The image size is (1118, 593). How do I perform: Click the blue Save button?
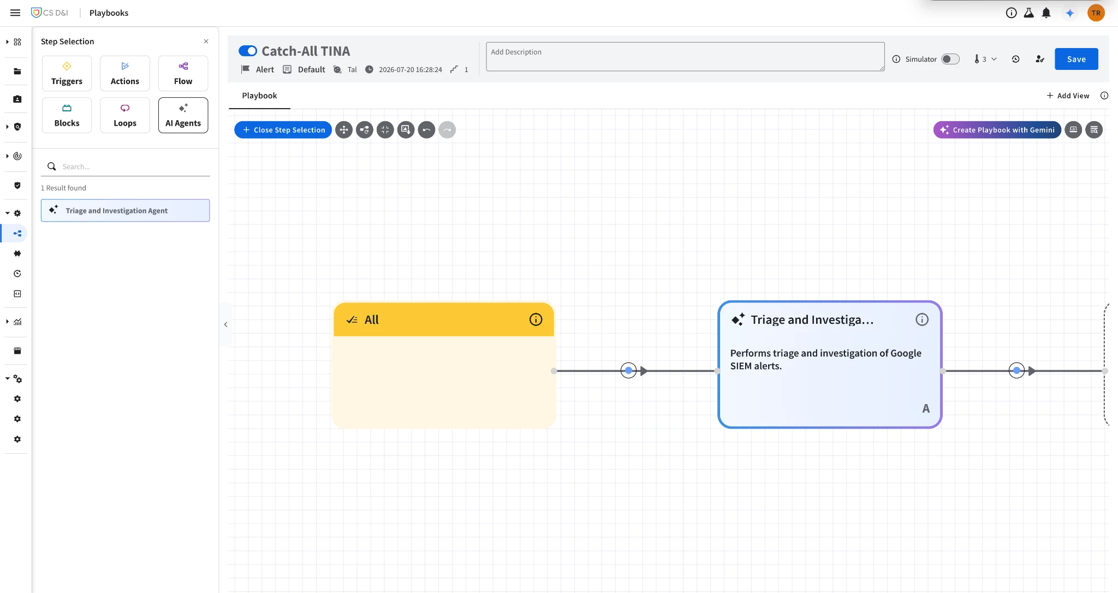point(1076,59)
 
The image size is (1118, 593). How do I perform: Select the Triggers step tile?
point(67,73)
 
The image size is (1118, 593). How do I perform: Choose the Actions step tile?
point(125,73)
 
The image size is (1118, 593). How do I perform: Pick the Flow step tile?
point(183,73)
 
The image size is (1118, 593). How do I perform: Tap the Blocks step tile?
point(67,115)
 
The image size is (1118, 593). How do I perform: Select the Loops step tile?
point(125,115)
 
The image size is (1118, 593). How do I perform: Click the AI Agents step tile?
point(183,115)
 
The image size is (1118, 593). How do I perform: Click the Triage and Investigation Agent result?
point(125,210)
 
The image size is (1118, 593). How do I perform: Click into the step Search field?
point(134,167)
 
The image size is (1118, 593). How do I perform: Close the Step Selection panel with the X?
point(206,41)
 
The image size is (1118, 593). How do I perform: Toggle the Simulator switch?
point(950,59)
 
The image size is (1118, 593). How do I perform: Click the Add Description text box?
point(685,57)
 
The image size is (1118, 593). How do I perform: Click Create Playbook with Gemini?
point(997,130)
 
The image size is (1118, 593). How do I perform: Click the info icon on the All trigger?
point(536,319)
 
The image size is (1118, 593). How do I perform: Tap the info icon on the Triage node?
point(921,319)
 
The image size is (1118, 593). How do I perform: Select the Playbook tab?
point(259,96)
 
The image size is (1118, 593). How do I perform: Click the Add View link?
point(1068,96)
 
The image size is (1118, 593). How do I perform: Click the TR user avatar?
point(1096,13)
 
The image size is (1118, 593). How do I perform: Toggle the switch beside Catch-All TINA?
point(248,51)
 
